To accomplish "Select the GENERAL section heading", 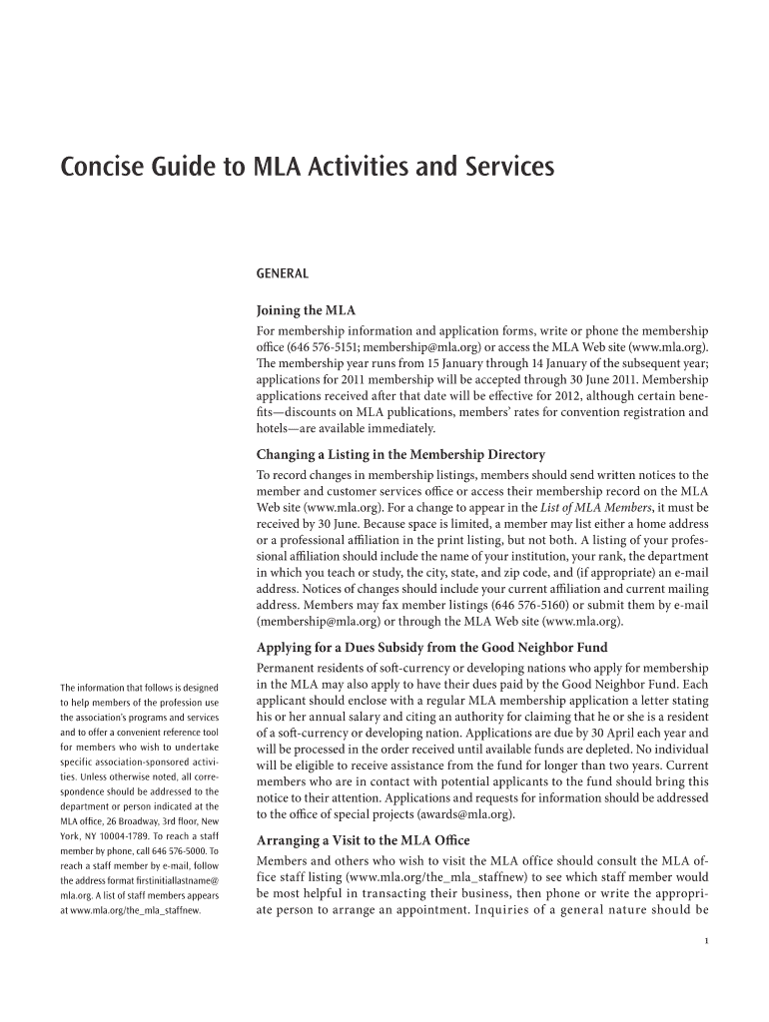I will pyautogui.click(x=283, y=272).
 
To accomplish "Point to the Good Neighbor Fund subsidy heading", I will pyautogui.click(x=431, y=647).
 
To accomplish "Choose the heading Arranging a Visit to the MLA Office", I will pyautogui.click(x=363, y=839).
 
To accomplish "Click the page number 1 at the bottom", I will pyautogui.click(x=706, y=946).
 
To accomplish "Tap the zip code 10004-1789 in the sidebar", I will pyautogui.click(x=121, y=835).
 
